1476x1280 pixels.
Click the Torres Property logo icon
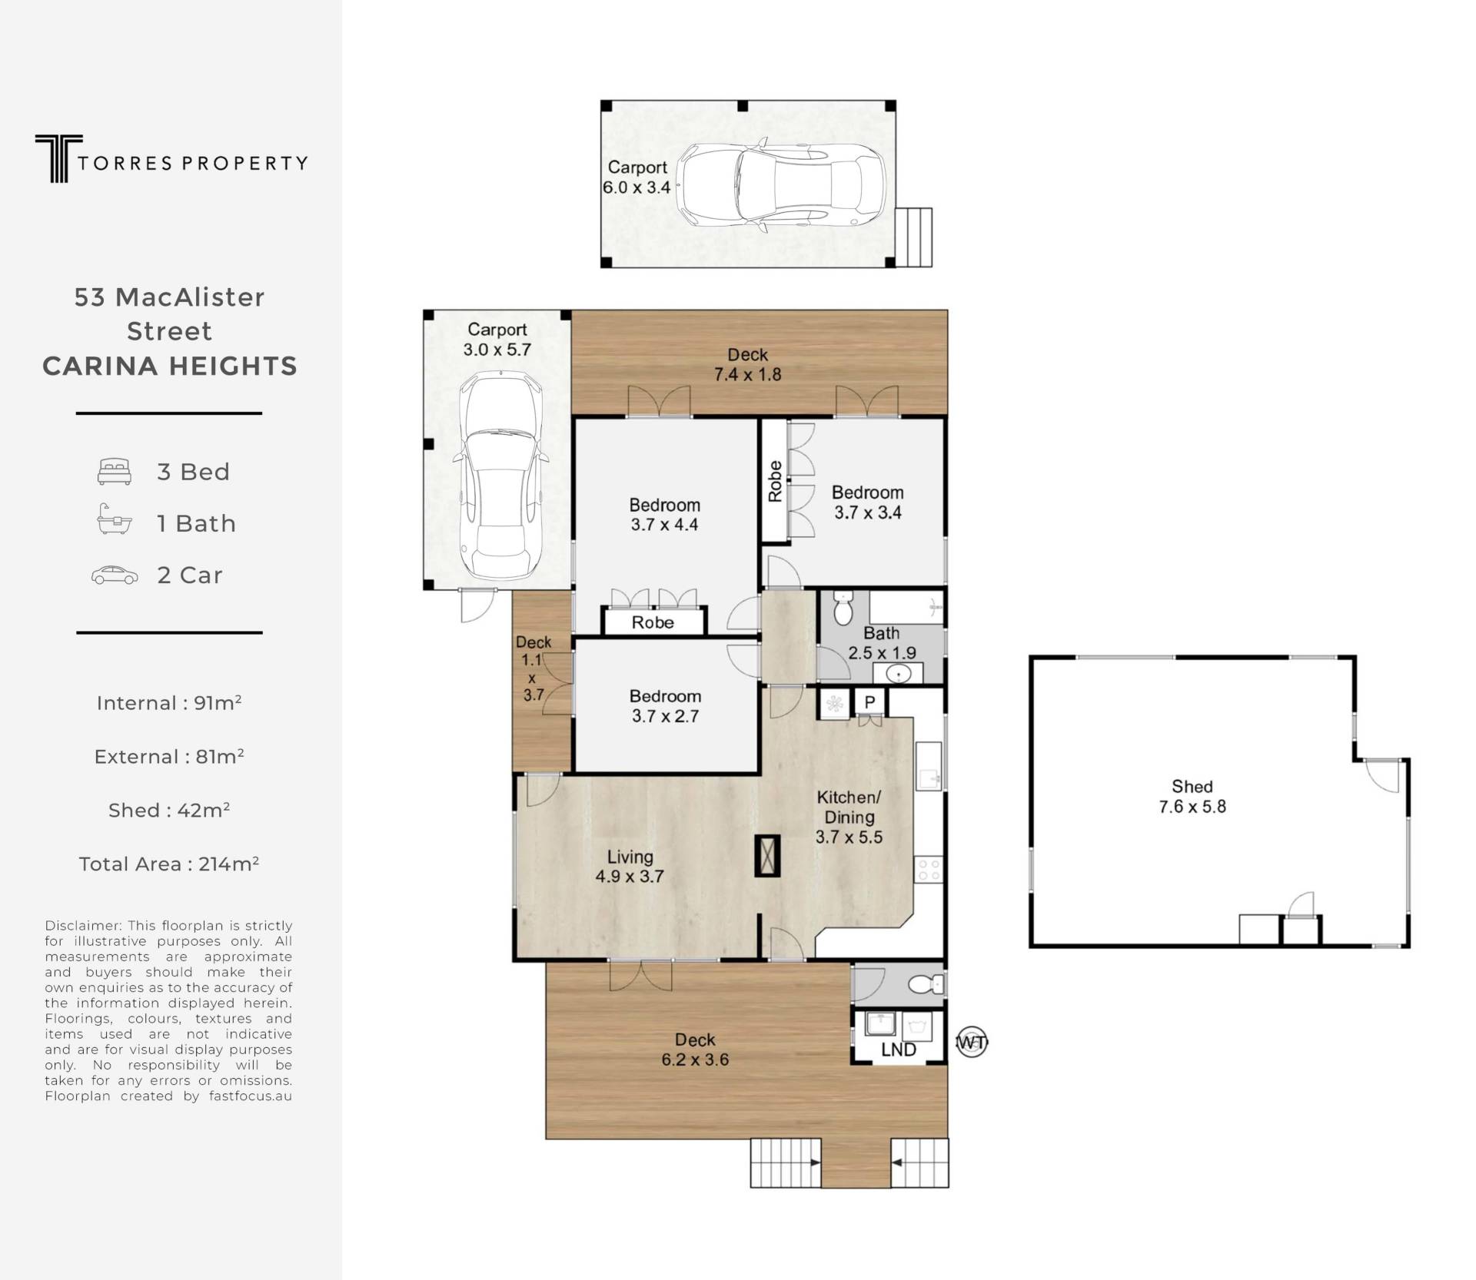(x=58, y=159)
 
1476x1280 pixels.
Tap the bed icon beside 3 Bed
(x=115, y=472)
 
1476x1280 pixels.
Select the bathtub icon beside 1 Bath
(x=114, y=519)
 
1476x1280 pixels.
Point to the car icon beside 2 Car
(x=115, y=575)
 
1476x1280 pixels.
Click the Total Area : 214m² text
(x=169, y=864)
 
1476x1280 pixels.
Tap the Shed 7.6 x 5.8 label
(x=1192, y=797)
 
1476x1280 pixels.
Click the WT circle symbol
(x=970, y=1043)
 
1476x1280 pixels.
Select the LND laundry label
(x=898, y=1050)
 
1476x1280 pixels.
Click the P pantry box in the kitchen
(x=870, y=702)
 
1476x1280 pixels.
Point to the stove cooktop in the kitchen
(x=929, y=870)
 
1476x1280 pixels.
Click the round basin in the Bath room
(x=897, y=674)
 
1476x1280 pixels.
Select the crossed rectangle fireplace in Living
(x=768, y=855)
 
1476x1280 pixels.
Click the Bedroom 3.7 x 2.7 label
(x=666, y=706)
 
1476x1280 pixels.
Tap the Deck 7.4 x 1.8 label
(x=747, y=364)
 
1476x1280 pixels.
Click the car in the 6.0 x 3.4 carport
(x=780, y=184)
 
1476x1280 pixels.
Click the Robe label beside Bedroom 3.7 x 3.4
(x=775, y=482)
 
